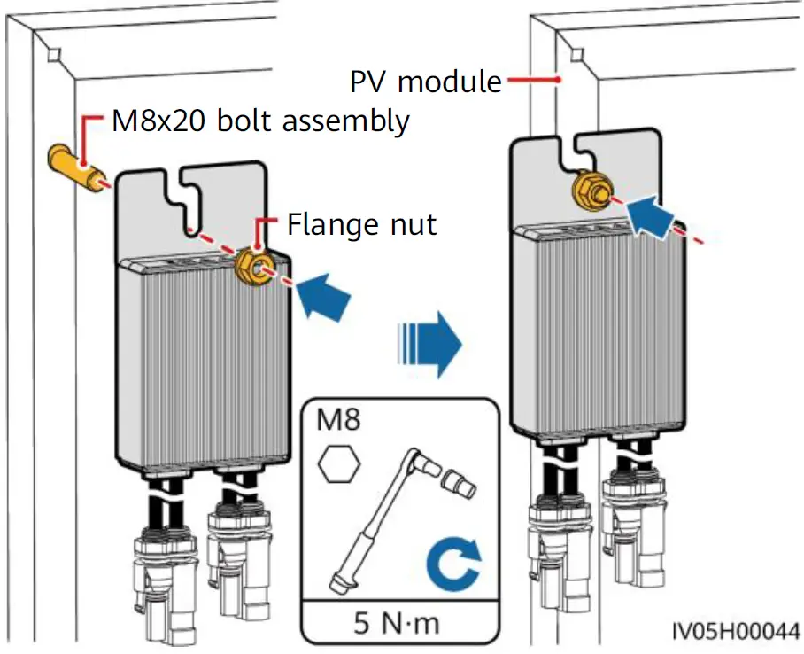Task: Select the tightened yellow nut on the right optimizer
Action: [592, 191]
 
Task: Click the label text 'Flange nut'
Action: [361, 224]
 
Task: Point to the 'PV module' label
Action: [426, 82]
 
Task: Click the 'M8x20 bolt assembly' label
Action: [260, 121]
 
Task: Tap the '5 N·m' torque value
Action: [397, 623]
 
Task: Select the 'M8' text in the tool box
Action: [338, 419]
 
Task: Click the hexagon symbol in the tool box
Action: [339, 463]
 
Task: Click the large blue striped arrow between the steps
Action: [429, 345]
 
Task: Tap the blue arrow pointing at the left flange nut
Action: [323, 297]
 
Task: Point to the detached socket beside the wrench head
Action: [459, 483]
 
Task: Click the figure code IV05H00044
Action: [737, 631]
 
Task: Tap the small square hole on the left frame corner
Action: [54, 54]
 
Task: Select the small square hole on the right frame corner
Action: [577, 55]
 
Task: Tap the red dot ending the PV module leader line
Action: [559, 80]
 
